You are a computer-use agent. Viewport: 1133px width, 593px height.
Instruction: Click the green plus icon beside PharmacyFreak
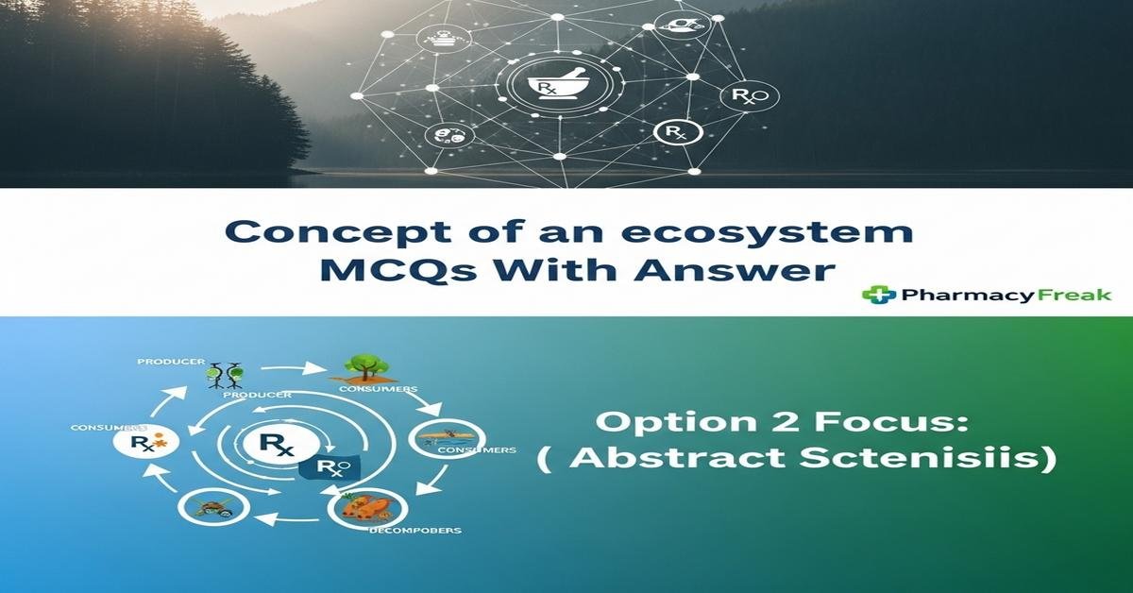(878, 295)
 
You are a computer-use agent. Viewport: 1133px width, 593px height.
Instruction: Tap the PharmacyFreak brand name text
(1005, 295)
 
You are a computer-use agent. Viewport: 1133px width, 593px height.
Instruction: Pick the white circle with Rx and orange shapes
(135, 442)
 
